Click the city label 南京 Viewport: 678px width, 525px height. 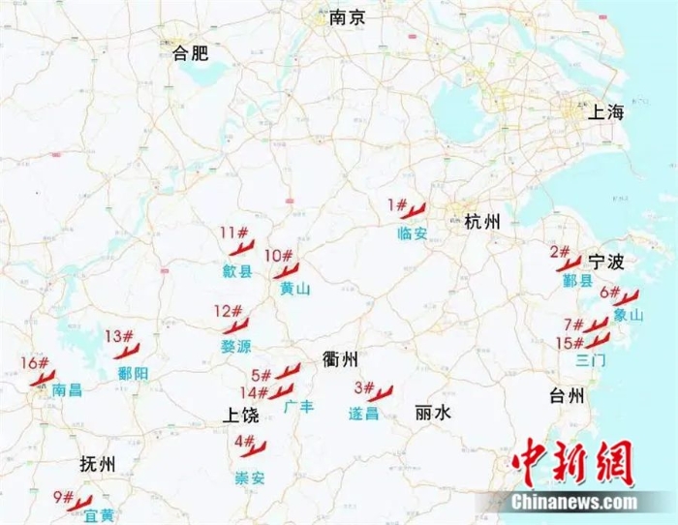tap(348, 17)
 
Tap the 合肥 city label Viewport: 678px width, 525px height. tap(190, 54)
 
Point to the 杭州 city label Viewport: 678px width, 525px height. tap(482, 223)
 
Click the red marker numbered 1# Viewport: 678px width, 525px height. tap(406, 207)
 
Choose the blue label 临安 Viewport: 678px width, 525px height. tap(413, 232)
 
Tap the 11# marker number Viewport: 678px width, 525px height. tap(233, 232)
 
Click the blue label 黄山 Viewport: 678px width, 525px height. tap(295, 289)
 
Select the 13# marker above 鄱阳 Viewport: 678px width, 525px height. tap(120, 339)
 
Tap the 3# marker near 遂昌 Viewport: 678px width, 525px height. tap(372, 391)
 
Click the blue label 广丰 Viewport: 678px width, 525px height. tap(298, 408)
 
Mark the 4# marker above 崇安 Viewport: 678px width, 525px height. tap(249, 446)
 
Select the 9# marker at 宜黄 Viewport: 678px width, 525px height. tap(70, 500)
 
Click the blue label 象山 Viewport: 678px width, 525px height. tap(629, 316)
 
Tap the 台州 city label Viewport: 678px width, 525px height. tap(567, 395)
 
